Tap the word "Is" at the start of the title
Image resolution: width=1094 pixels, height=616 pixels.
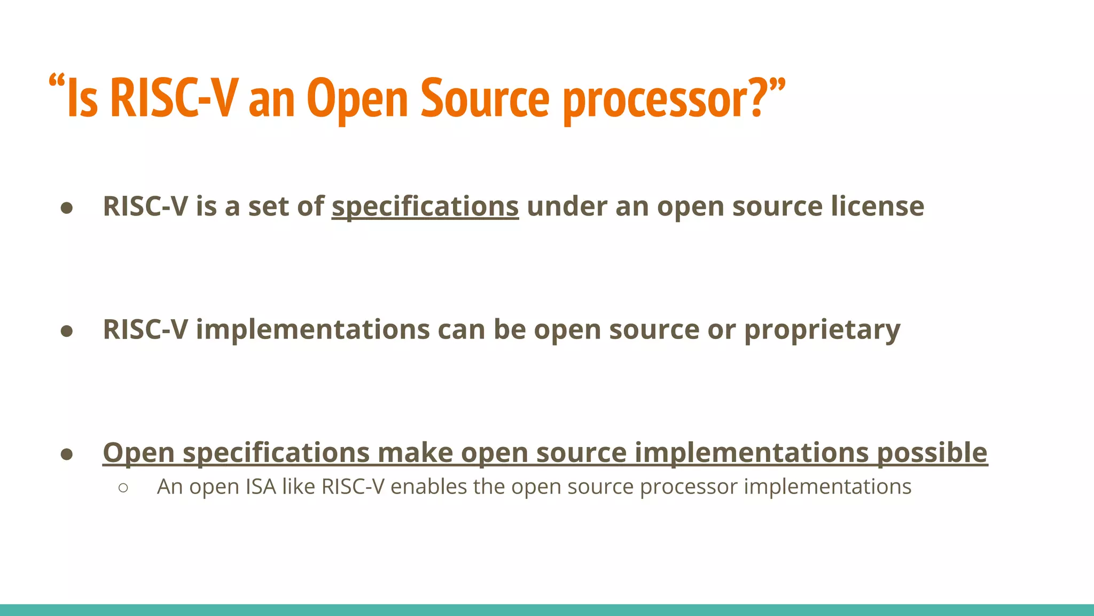click(83, 99)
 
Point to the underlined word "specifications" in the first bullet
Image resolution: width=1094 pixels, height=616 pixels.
click(425, 206)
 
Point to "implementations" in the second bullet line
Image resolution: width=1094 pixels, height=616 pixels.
click(312, 330)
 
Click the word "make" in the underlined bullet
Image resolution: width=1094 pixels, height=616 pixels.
click(416, 453)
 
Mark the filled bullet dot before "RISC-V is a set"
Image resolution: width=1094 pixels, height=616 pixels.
click(67, 208)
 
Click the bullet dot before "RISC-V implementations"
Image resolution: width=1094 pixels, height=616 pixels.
click(67, 331)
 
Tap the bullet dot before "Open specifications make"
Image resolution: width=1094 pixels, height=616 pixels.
click(67, 454)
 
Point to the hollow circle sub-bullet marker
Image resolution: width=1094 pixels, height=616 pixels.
click(123, 488)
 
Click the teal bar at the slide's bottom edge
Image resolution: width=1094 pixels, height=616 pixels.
click(547, 610)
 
